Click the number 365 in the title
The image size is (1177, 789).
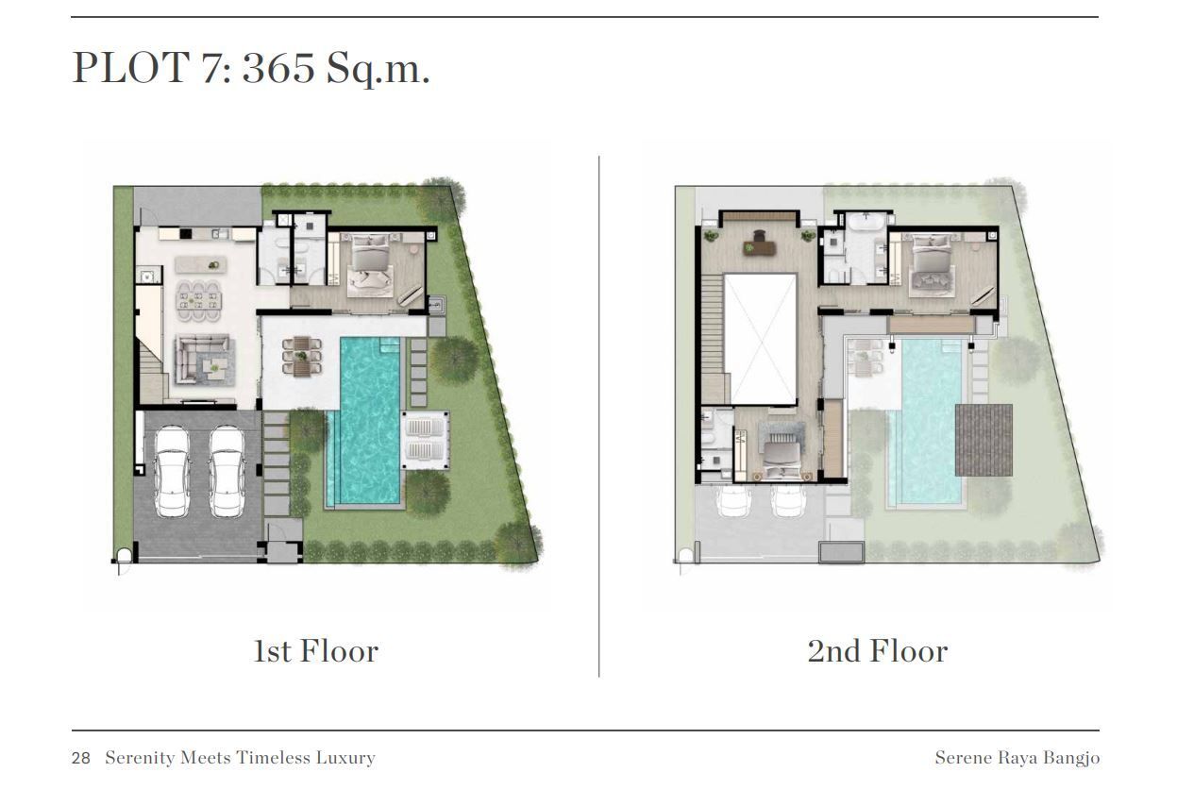point(278,68)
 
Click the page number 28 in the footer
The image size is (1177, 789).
point(81,758)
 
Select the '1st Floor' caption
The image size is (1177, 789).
point(316,651)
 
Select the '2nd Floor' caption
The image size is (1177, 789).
point(878,651)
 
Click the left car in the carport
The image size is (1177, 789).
point(172,471)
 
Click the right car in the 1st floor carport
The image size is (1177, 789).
point(227,471)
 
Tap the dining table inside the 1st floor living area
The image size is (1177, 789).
point(198,301)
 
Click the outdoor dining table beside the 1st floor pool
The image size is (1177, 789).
point(302,357)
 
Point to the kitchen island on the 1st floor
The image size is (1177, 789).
point(201,265)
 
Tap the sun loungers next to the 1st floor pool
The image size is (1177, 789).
point(426,440)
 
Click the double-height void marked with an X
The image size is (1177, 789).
point(761,340)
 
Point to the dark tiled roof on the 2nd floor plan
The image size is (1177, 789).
point(984,440)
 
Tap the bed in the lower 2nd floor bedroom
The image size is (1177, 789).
point(782,457)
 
